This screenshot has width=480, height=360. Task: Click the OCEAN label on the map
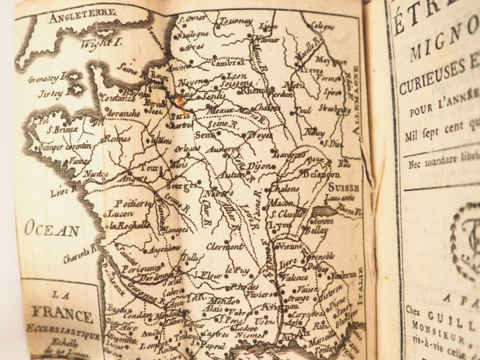tap(52, 231)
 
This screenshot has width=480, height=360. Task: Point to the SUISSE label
tap(343, 188)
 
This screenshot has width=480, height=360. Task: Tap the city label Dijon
tap(261, 165)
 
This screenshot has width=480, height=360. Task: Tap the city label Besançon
tap(321, 174)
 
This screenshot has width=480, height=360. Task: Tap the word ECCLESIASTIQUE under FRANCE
tap(63, 329)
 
